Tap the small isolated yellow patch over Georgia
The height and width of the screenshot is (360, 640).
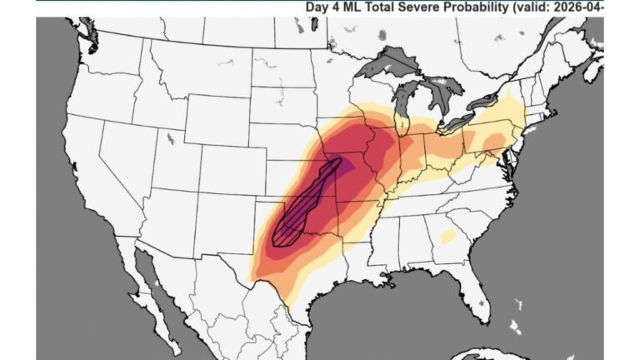point(447,237)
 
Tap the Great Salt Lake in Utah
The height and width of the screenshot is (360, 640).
point(171,137)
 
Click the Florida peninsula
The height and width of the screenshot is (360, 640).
point(474,287)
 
